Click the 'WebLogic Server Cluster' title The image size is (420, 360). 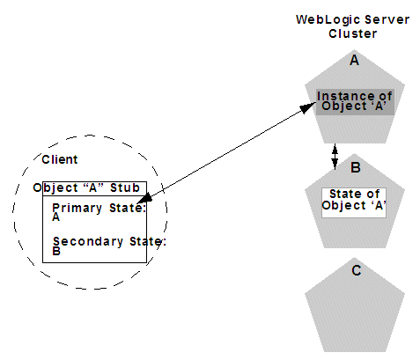pos(352,26)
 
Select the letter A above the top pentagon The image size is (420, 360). pos(355,61)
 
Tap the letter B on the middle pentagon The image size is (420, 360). pos(355,167)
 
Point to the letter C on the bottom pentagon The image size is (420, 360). pos(355,270)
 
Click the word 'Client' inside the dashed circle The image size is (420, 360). pos(60,159)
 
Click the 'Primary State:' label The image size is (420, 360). pos(99,208)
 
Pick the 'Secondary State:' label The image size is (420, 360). pos(108,241)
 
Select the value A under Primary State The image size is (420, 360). pos(56,217)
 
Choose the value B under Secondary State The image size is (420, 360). pos(56,250)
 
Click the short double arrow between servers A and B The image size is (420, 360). pos(335,157)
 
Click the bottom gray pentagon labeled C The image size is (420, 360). pos(355,304)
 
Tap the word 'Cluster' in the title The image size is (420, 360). pos(353,33)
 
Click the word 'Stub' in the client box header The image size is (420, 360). pos(125,187)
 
